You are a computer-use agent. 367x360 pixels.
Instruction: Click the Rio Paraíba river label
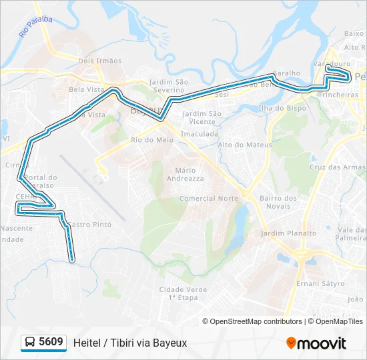(x=36, y=27)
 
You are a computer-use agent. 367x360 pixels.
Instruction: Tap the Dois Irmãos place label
(x=100, y=61)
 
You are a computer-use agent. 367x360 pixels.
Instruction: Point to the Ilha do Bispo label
(x=282, y=108)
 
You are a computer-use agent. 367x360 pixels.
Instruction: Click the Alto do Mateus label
(x=245, y=145)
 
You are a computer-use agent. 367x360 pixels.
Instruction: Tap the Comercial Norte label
(x=209, y=199)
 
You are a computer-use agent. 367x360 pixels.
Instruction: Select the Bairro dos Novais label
(x=278, y=202)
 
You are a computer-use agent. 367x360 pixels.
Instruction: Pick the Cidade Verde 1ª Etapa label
(x=183, y=293)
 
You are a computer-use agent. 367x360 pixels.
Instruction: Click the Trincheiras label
(x=338, y=95)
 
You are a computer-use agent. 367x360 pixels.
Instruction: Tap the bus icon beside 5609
(x=29, y=343)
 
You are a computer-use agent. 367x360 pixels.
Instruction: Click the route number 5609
(x=51, y=343)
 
